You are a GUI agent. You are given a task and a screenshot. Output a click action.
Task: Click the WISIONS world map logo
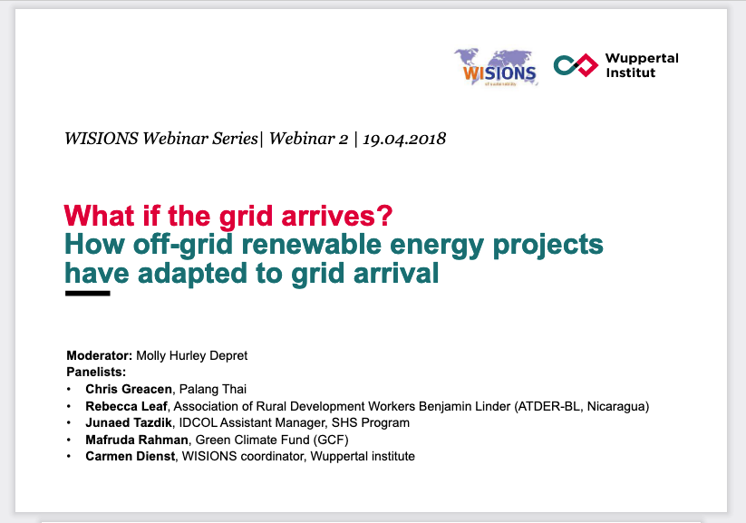[496, 68]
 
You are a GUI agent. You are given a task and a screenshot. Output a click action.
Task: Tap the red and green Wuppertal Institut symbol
[576, 65]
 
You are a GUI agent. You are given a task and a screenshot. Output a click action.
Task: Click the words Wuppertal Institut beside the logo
[642, 65]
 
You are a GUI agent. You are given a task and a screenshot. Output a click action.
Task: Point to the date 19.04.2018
[404, 139]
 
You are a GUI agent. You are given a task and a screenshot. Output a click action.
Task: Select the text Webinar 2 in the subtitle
[308, 139]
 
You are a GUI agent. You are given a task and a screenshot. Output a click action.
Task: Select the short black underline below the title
[88, 293]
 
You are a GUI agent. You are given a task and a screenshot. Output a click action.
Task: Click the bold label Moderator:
[100, 355]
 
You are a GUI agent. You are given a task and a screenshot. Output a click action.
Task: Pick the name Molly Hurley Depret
[192, 356]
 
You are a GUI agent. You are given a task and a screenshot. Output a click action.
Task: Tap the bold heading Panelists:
[96, 373]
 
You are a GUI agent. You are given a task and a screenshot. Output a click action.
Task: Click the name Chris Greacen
[129, 389]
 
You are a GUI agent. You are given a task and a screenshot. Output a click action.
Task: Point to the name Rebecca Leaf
[126, 406]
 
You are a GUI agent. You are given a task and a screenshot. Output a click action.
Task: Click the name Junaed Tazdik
[129, 422]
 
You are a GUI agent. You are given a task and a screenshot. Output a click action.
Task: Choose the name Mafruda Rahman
[137, 440]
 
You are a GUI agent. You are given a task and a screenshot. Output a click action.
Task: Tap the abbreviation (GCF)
[331, 440]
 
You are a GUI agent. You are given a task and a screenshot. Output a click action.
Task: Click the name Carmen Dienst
[131, 456]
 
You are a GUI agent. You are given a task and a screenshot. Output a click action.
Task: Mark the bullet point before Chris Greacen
[69, 389]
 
